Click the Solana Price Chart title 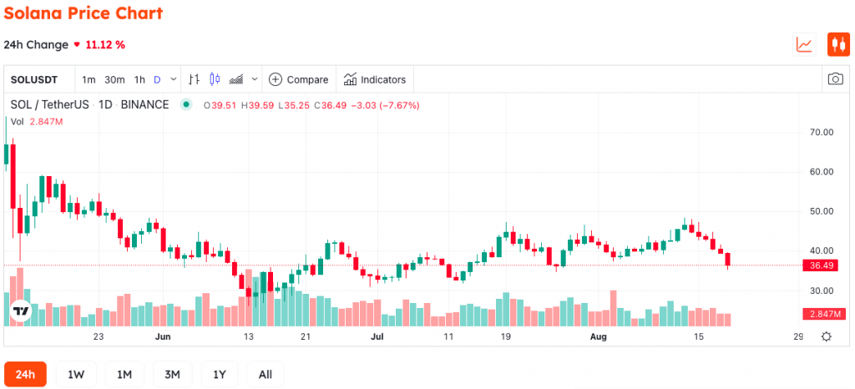click(x=83, y=13)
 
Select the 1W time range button click(x=76, y=374)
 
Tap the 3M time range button click(x=172, y=374)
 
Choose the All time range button click(x=266, y=374)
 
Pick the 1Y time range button click(x=220, y=374)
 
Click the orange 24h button click(x=25, y=374)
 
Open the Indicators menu click(x=375, y=79)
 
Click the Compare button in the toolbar click(x=299, y=79)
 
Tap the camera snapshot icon click(x=835, y=79)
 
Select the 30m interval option click(x=114, y=79)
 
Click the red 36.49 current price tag click(x=824, y=265)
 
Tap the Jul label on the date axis click(x=377, y=336)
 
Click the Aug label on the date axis click(x=599, y=336)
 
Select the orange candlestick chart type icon click(x=838, y=44)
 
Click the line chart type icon click(x=804, y=44)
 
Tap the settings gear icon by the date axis click(x=826, y=336)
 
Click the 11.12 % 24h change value click(x=105, y=45)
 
